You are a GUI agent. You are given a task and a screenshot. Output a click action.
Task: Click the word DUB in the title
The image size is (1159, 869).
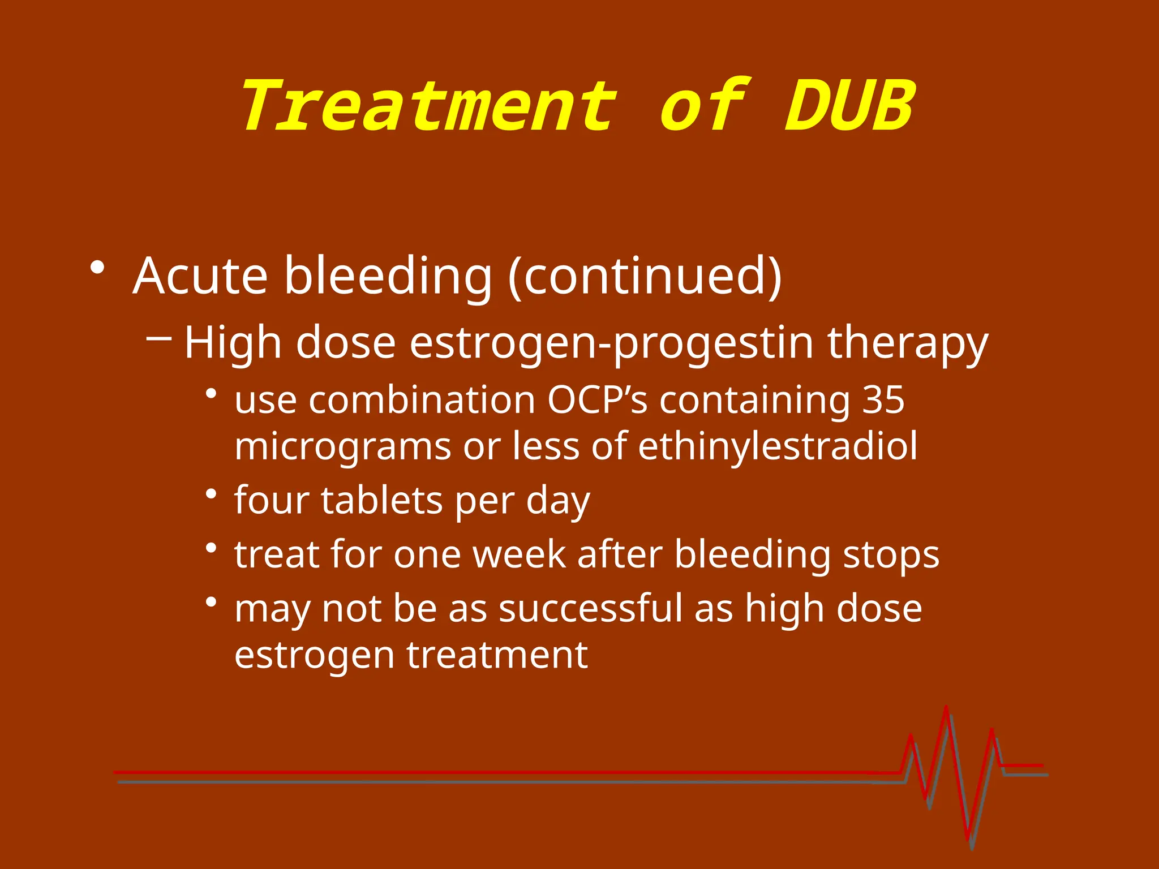(849, 106)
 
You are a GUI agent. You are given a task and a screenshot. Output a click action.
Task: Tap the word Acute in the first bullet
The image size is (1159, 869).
(200, 276)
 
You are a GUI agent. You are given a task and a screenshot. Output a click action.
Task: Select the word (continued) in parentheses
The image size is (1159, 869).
(645, 276)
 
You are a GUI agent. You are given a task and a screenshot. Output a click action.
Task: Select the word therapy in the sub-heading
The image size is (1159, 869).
(908, 343)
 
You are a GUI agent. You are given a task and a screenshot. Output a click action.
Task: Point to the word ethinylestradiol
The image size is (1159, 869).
(778, 446)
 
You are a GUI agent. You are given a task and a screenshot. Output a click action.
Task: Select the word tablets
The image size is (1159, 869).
(382, 501)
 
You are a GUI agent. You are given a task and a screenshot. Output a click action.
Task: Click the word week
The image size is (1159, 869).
(519, 554)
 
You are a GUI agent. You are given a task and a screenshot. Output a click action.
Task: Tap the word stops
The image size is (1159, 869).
(891, 554)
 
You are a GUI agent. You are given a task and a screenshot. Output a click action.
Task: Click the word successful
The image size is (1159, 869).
(591, 609)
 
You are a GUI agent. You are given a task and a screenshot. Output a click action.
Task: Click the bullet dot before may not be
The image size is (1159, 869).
(212, 603)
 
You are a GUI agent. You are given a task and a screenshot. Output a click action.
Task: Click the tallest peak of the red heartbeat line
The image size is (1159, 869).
(946, 708)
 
